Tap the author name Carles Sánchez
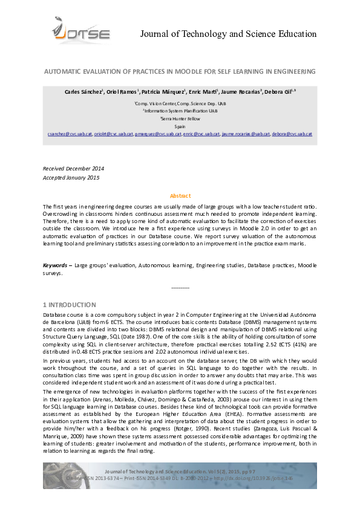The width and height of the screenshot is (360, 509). [x=84, y=91]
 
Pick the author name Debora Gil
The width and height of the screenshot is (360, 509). [x=281, y=91]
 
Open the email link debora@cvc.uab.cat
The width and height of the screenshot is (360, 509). [x=292, y=134]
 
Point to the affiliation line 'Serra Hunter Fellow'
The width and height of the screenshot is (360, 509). [x=180, y=119]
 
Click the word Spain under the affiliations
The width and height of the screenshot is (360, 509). [x=180, y=126]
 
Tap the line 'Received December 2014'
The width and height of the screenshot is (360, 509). [x=73, y=168]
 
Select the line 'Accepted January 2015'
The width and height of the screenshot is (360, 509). [x=71, y=177]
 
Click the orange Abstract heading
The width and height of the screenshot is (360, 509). [x=180, y=196]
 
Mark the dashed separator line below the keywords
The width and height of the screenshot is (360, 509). [x=180, y=288]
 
